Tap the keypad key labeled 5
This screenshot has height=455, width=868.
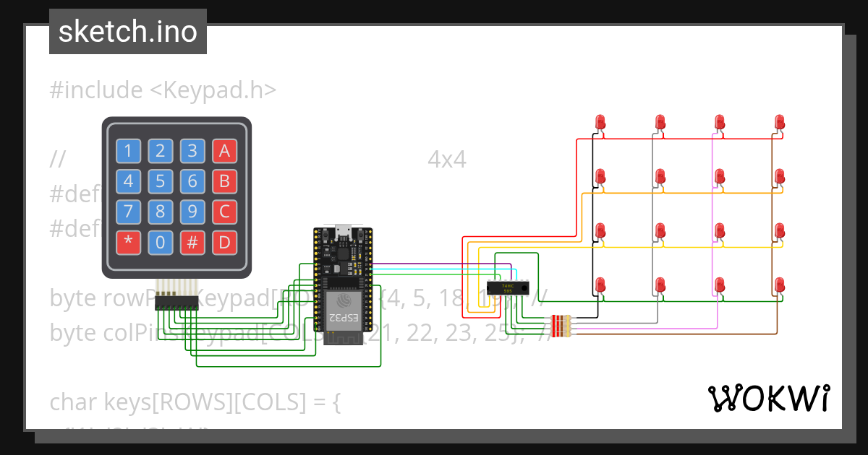pos(161,181)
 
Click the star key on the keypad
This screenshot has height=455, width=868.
pos(129,243)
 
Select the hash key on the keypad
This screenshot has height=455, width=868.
pos(192,243)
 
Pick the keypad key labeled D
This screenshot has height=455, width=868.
pos(224,243)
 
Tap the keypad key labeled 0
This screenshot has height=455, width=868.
pos(161,243)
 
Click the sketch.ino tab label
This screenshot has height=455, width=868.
pos(128,32)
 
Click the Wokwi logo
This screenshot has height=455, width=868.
pos(768,398)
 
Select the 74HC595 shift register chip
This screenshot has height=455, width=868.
pos(506,287)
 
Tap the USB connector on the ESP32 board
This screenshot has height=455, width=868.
pos(342,233)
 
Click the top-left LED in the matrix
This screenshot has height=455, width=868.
pos(600,122)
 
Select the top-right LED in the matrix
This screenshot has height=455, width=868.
pos(779,122)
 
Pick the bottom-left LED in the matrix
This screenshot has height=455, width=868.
pos(600,285)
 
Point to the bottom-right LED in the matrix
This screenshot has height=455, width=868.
pos(779,285)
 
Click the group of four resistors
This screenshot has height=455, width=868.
pos(561,326)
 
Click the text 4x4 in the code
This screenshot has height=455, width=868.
pos(447,159)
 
